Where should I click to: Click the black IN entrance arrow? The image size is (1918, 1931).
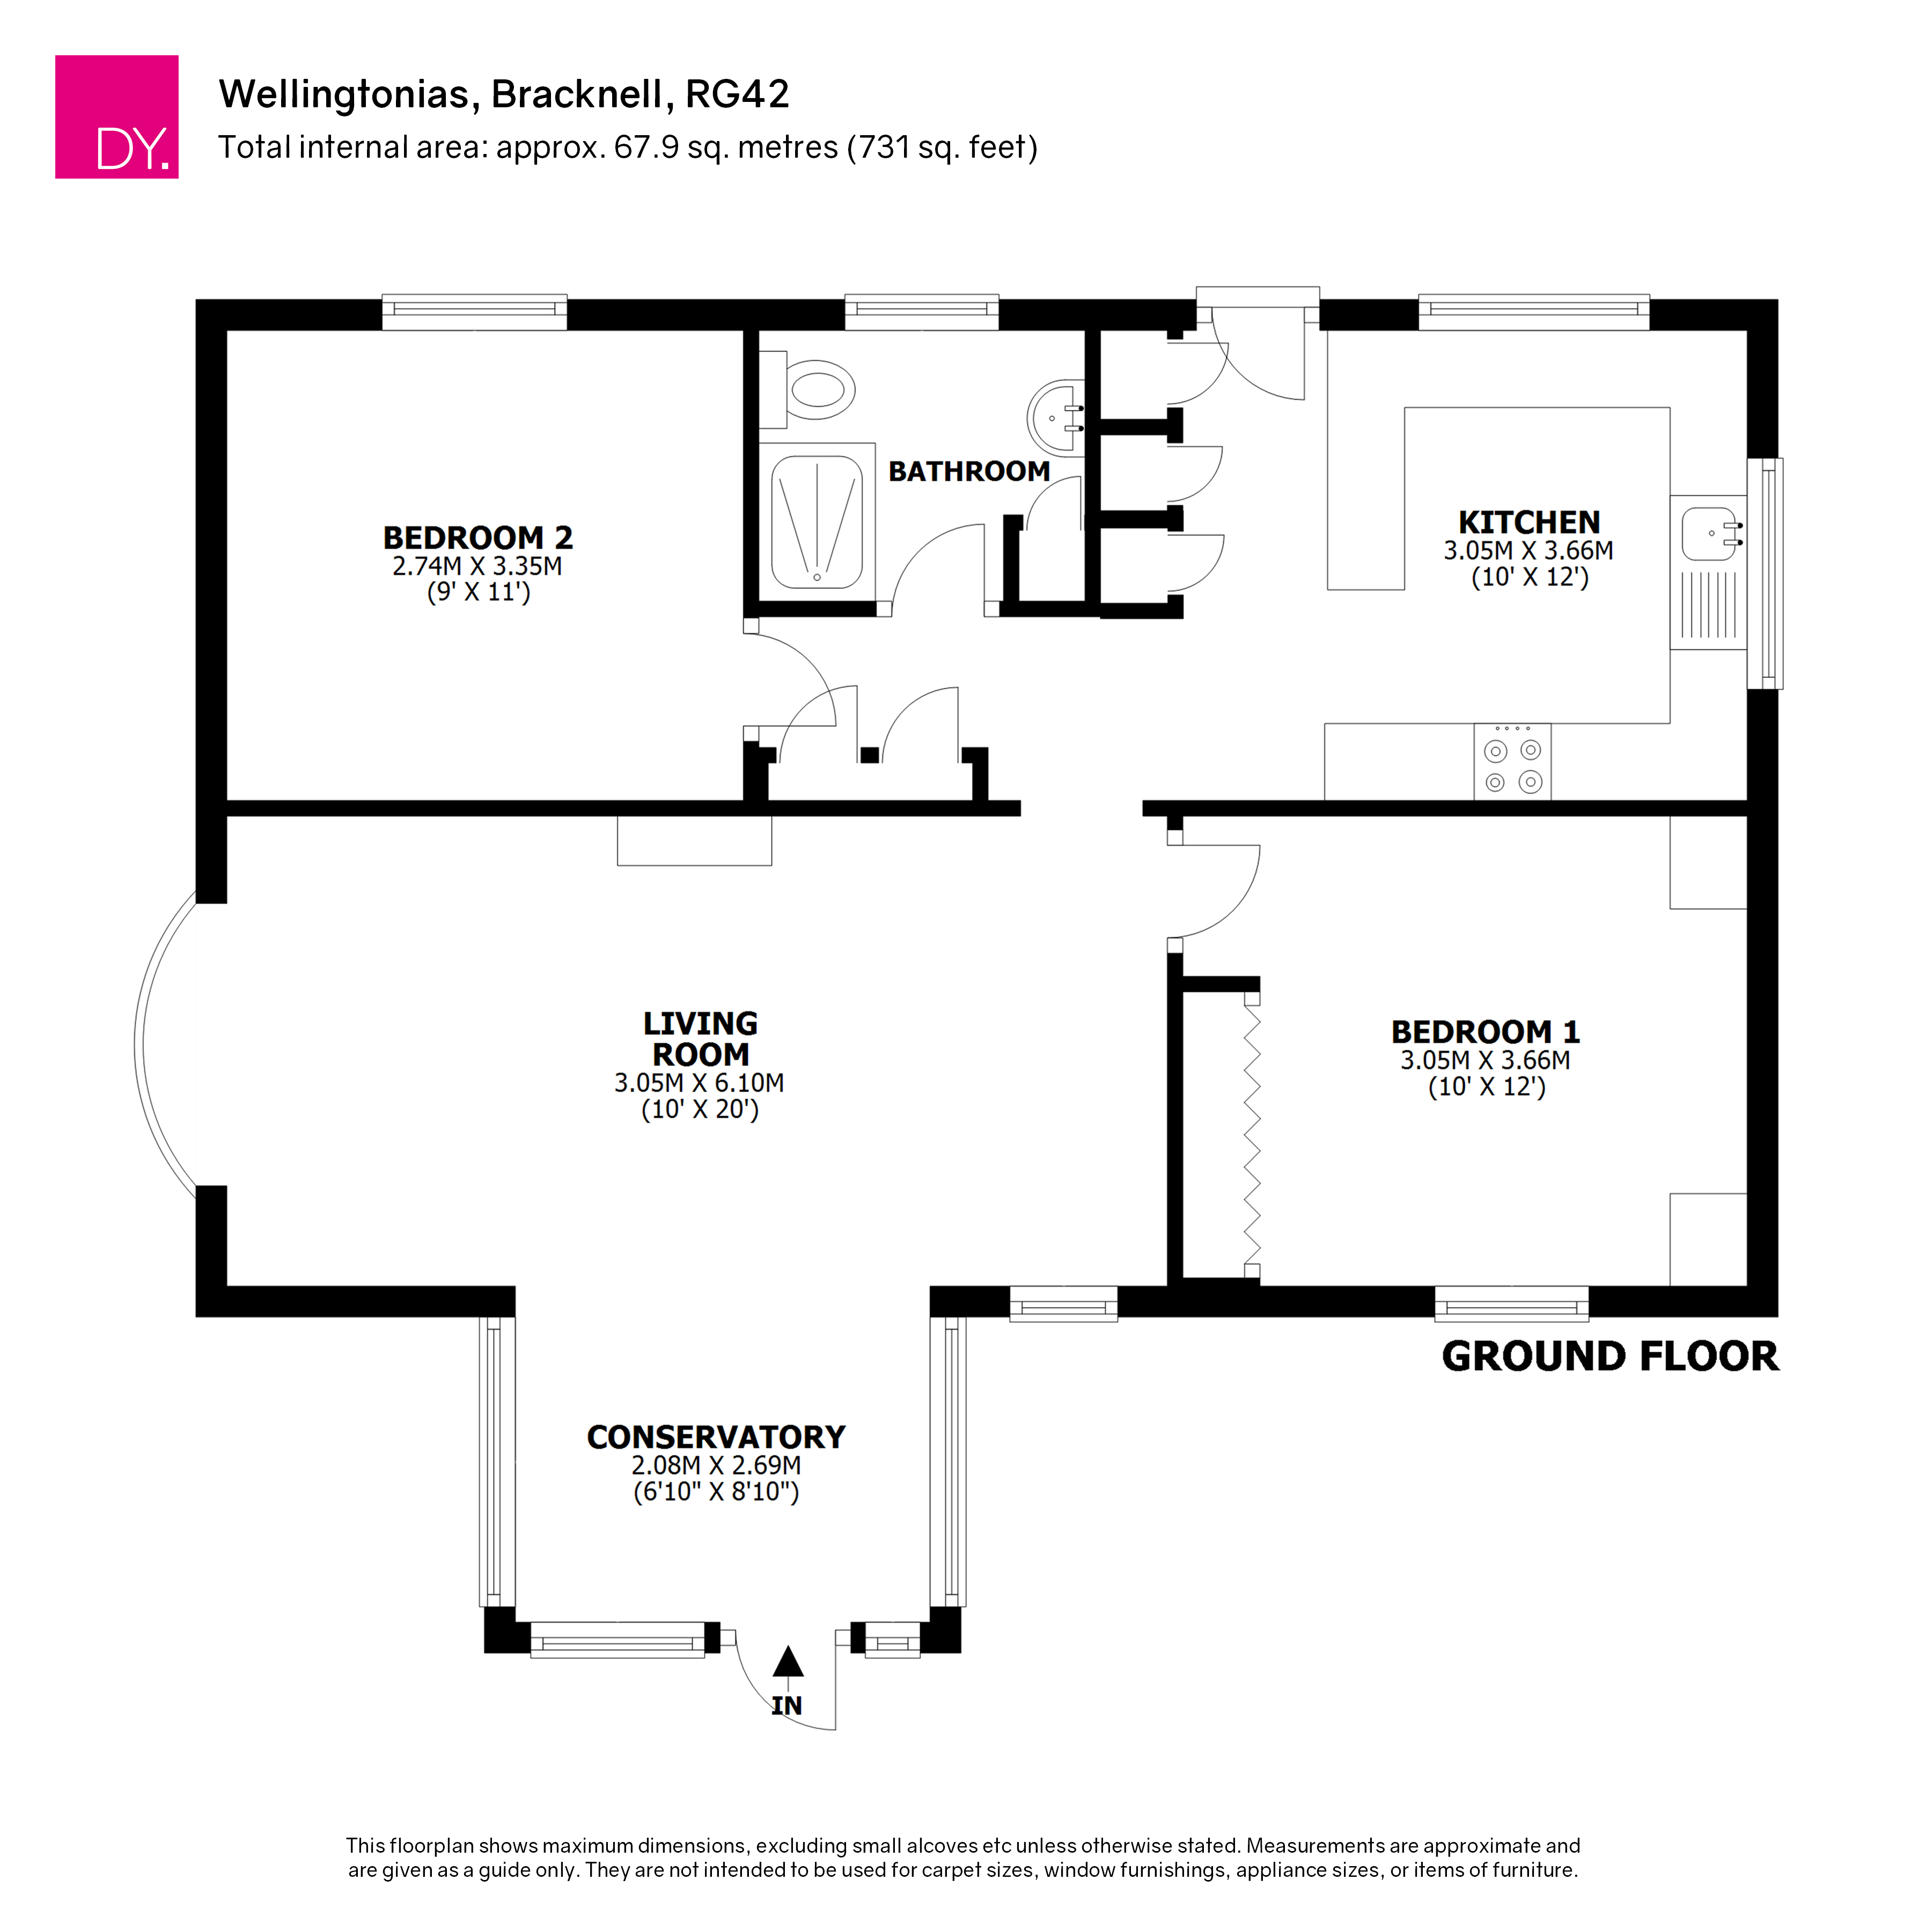click(x=788, y=1662)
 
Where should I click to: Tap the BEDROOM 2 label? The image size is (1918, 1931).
click(x=477, y=537)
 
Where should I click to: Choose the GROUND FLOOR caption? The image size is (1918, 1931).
click(x=1609, y=1357)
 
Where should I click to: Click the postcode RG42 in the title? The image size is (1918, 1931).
click(x=738, y=94)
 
